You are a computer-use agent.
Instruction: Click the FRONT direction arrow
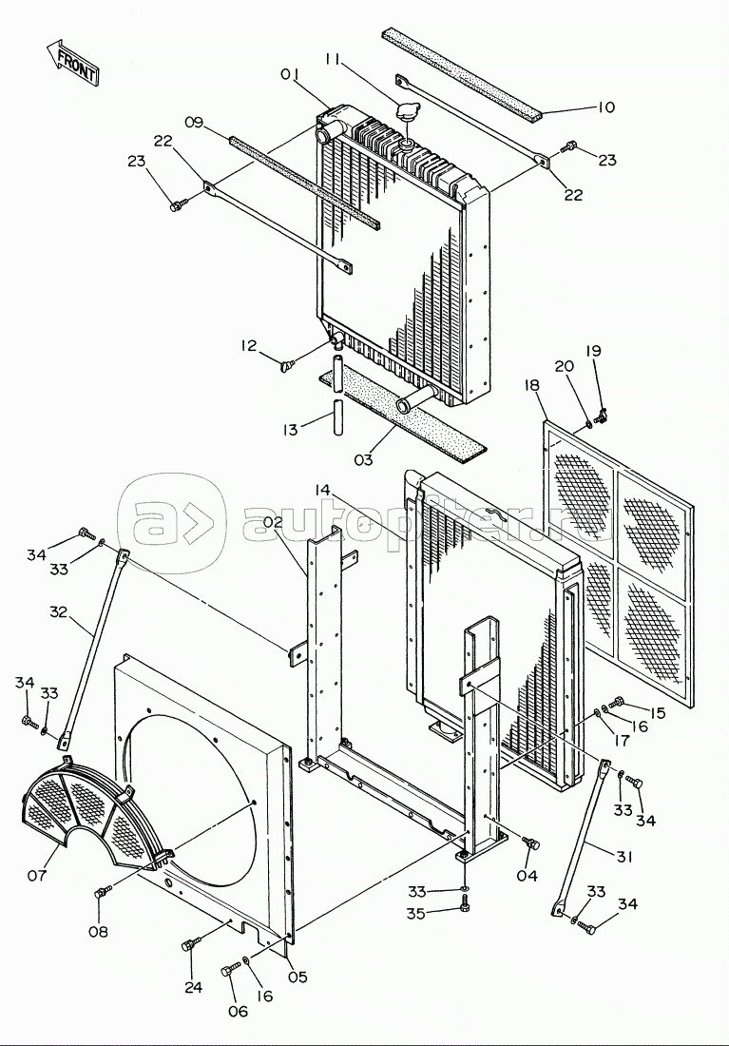point(73,62)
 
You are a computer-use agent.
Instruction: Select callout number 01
point(290,75)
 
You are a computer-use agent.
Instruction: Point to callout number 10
point(605,107)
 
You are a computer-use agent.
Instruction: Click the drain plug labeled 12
point(288,364)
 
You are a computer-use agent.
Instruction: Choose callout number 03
point(363,459)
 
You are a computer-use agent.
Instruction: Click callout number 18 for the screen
point(531,385)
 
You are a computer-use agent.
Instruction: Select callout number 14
point(322,491)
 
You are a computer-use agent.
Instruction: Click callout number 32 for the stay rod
point(59,611)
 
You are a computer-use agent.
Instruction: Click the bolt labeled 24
point(190,944)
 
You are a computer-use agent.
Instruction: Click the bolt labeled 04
point(531,843)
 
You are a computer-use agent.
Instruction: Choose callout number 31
point(623,857)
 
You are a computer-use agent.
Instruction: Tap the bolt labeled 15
point(616,701)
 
